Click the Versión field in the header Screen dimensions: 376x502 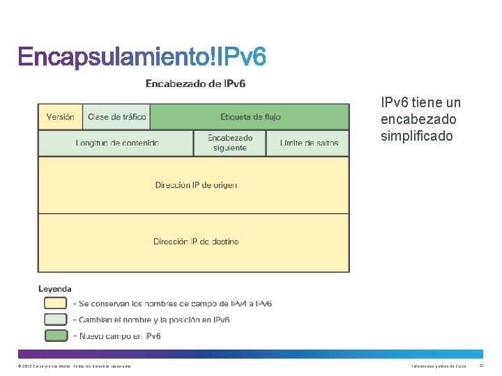coord(60,117)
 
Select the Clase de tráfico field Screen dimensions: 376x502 coord(117,117)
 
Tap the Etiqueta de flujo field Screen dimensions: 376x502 coord(250,117)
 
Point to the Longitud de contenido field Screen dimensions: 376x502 coord(117,143)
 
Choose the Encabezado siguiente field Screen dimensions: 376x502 coord(230,143)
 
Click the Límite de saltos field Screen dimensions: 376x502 coord(309,143)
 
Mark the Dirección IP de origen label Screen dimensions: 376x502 coord(196,185)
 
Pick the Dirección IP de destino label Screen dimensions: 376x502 coord(196,242)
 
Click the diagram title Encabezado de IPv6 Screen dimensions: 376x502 coord(195,84)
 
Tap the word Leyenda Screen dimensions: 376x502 coord(54,289)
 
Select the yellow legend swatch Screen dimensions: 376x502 coord(56,304)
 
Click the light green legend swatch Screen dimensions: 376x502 coord(56,320)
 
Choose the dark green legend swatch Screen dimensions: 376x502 coord(56,336)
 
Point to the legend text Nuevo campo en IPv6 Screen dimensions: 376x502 coord(120,336)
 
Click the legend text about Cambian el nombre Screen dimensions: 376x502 coord(154,320)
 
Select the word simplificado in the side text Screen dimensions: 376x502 coord(416,136)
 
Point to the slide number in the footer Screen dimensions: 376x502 coord(481,366)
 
